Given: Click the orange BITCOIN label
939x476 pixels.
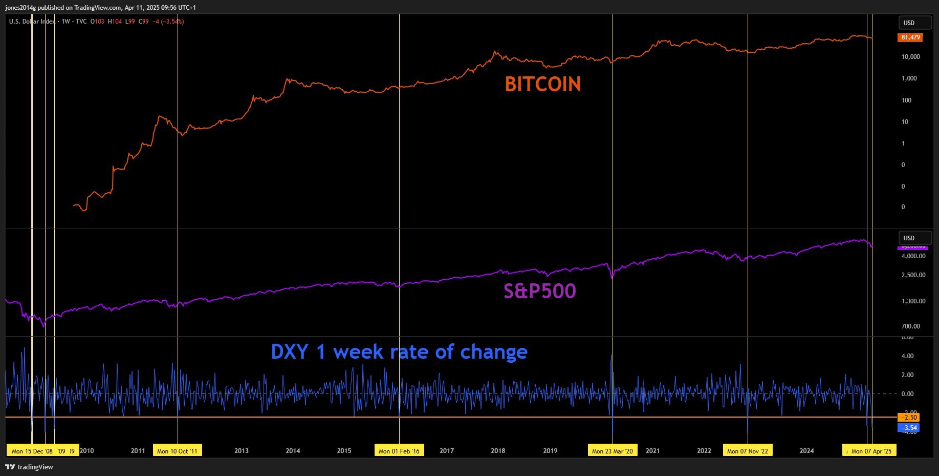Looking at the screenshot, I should (x=542, y=85).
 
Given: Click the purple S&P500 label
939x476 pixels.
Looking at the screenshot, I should (x=539, y=291).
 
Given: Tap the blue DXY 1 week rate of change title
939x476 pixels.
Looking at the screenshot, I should (x=399, y=352).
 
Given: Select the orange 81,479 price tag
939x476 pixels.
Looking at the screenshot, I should (x=910, y=37).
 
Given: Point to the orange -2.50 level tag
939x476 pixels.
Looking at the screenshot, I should (x=908, y=418).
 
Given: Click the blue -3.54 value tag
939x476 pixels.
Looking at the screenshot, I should (x=908, y=428).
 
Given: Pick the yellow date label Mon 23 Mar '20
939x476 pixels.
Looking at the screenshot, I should (x=612, y=451).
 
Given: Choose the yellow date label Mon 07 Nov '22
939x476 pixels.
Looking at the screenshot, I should (x=747, y=451).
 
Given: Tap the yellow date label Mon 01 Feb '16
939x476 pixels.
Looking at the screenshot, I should (x=399, y=451).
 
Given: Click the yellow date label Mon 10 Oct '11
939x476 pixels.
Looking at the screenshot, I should (x=177, y=451).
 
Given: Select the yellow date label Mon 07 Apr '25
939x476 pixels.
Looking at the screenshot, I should (x=870, y=451).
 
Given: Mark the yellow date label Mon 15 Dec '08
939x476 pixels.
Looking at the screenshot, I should (x=32, y=451).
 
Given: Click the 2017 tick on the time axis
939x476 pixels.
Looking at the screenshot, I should (x=446, y=451).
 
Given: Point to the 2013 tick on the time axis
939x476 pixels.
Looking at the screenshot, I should (x=242, y=451).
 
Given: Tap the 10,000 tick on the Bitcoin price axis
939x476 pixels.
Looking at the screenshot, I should (x=910, y=57).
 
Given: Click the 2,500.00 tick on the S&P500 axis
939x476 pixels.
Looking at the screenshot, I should (x=913, y=275).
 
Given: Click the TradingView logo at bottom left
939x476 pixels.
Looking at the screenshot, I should (x=29, y=467).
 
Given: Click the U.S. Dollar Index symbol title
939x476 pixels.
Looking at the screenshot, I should (x=32, y=22).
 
